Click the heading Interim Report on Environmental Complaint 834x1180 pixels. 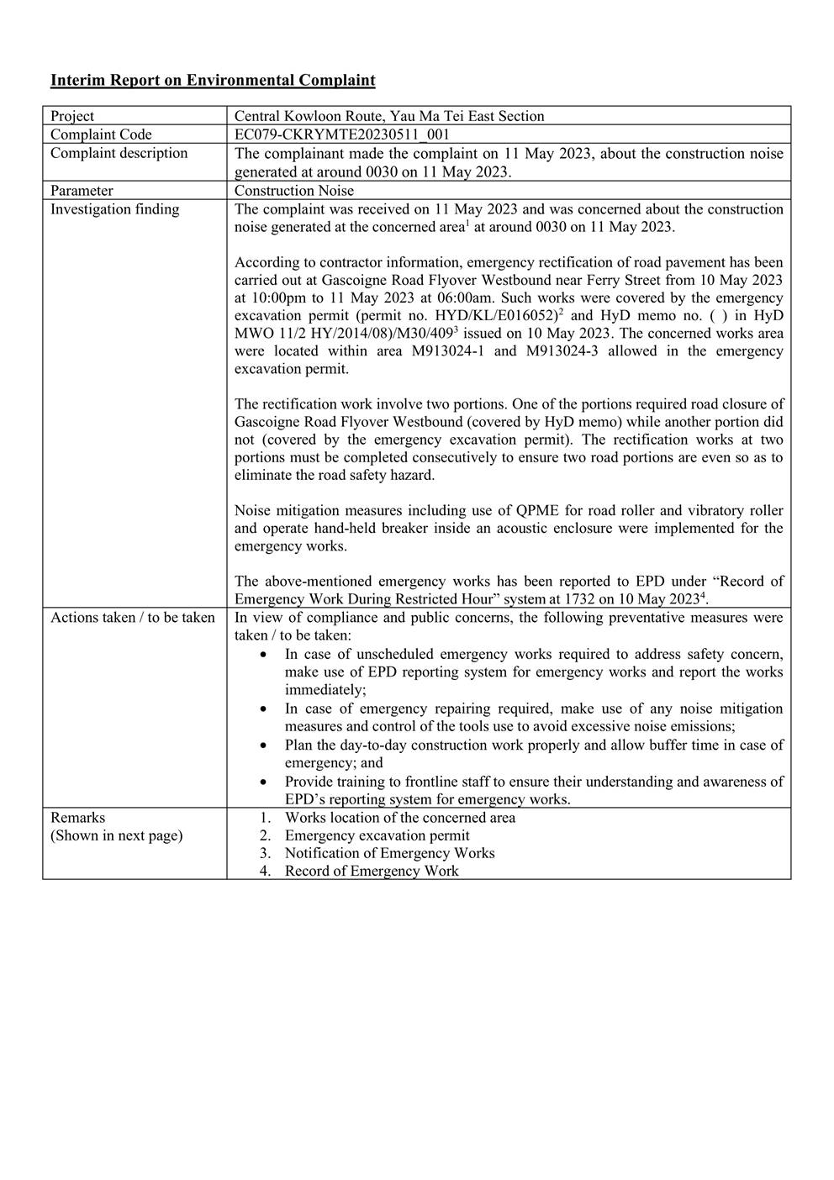(213, 81)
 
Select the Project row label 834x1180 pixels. (72, 116)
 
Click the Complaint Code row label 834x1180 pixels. (101, 134)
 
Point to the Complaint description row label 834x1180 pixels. (119, 153)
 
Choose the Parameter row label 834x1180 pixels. (82, 191)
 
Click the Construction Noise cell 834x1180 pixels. (294, 191)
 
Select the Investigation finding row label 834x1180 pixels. (114, 209)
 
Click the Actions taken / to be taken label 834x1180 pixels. (133, 618)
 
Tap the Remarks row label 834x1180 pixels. (77, 818)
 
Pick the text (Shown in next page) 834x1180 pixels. (116, 835)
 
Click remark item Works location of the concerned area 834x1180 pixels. (400, 818)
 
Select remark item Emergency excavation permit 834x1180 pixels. (377, 835)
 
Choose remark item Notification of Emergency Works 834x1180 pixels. (389, 853)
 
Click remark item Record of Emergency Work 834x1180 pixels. (372, 871)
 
